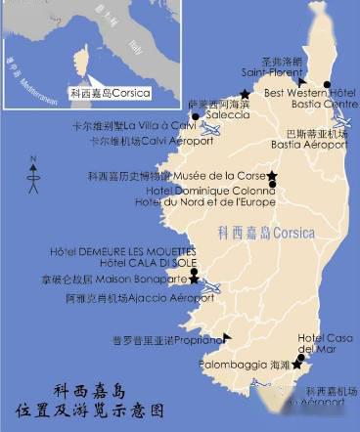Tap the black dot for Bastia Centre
pos(327,83)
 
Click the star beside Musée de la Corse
pos(272,176)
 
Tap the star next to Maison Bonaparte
pos(194,280)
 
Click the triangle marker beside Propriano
pos(227,337)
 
